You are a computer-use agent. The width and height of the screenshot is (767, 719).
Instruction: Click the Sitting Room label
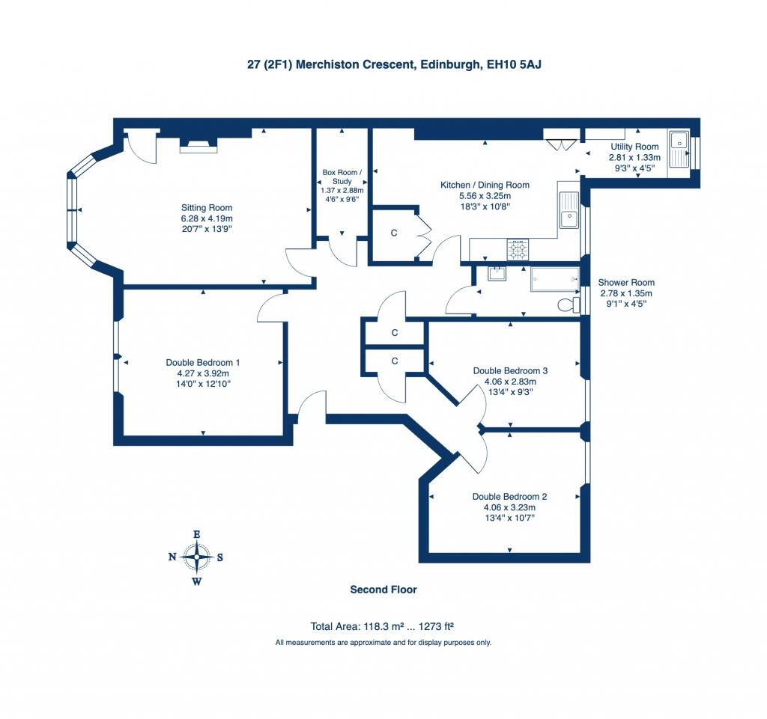[207, 207]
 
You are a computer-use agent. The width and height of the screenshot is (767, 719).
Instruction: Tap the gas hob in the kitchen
[518, 250]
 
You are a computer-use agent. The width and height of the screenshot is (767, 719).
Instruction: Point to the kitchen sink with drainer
[569, 209]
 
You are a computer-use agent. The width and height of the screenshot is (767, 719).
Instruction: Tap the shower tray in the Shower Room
[555, 279]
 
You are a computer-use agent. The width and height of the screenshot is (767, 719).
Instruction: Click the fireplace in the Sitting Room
[198, 145]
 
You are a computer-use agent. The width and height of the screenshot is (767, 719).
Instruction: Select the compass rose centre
[197, 557]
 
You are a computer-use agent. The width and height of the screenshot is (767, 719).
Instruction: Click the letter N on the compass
[172, 557]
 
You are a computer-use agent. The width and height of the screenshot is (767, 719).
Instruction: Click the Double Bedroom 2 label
[509, 497]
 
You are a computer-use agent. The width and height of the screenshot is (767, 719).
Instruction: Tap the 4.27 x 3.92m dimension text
[203, 373]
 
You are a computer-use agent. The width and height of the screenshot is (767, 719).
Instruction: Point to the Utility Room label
[634, 147]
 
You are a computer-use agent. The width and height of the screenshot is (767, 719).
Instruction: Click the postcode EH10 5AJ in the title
[514, 64]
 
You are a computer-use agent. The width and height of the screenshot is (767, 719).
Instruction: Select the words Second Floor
[383, 590]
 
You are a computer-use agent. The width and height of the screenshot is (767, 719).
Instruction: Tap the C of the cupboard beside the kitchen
[394, 233]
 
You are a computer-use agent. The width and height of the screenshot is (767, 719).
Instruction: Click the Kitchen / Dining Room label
[485, 185]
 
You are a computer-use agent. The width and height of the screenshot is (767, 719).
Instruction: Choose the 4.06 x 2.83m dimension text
[510, 382]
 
